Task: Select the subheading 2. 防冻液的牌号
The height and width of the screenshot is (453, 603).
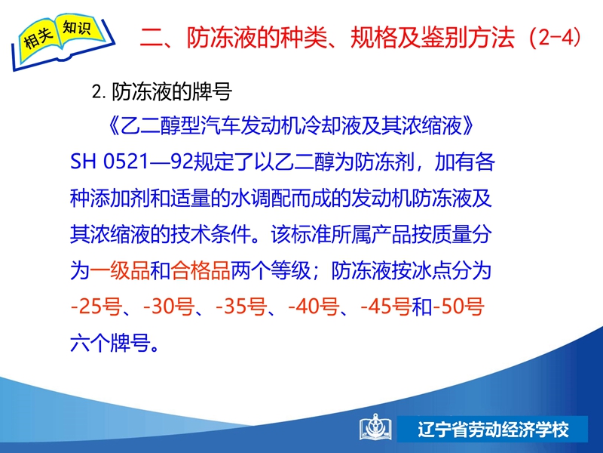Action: (162, 92)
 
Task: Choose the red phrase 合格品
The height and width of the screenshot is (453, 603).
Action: (200, 270)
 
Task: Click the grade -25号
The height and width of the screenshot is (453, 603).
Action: (96, 307)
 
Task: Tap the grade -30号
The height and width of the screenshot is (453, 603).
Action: (168, 307)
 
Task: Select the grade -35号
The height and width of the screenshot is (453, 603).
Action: (241, 307)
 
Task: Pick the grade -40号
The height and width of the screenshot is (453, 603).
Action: (314, 307)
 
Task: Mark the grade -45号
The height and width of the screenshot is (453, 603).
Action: (386, 307)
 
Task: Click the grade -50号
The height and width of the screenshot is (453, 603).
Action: (458, 307)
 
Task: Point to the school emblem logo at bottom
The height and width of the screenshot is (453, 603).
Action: (375, 427)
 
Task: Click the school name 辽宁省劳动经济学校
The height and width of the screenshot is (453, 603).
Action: (494, 430)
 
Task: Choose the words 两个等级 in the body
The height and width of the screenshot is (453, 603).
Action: (271, 270)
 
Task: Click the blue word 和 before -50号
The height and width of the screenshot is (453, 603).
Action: (422, 307)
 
